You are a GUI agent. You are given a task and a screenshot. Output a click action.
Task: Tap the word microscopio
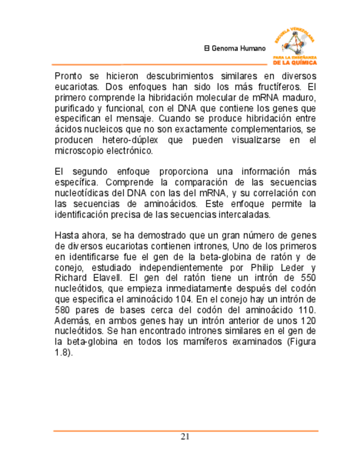(x=79, y=151)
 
